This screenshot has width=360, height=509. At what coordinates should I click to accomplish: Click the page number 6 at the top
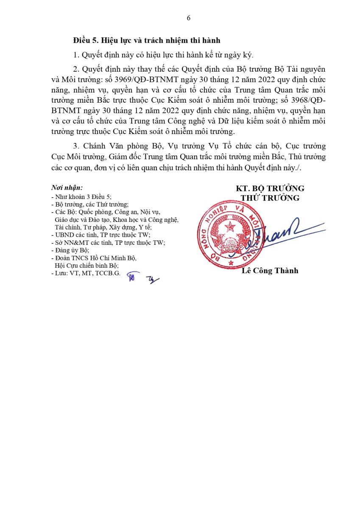pyautogui.click(x=188, y=18)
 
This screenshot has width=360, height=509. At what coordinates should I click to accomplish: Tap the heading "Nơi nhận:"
pyautogui.click(x=67, y=187)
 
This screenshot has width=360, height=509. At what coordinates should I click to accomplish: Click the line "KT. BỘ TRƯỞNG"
pyautogui.click(x=270, y=188)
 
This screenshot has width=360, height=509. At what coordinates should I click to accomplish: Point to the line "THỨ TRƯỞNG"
pyautogui.click(x=270, y=198)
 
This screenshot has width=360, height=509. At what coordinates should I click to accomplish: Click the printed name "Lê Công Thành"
pyautogui.click(x=270, y=271)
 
